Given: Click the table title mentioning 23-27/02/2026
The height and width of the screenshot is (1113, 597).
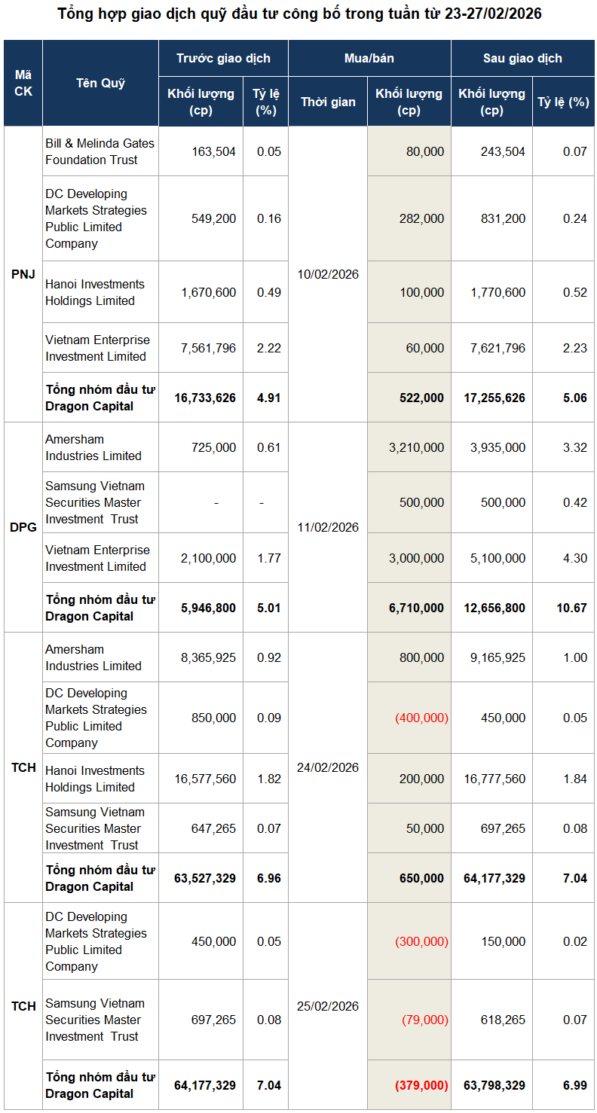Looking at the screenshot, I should pyautogui.click(x=299, y=14).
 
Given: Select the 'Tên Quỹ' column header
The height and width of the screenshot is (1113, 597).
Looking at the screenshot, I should pyautogui.click(x=100, y=84).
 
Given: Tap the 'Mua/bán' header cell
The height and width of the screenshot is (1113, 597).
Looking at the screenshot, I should pyautogui.click(x=369, y=58).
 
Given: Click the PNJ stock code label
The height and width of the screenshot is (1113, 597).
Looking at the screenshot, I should pyautogui.click(x=23, y=274).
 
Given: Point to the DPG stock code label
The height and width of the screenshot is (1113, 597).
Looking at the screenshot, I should pyautogui.click(x=23, y=527).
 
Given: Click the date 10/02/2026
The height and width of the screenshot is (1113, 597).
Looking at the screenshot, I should pyautogui.click(x=328, y=274).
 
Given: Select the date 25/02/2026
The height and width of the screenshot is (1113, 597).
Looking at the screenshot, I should pyautogui.click(x=328, y=1006).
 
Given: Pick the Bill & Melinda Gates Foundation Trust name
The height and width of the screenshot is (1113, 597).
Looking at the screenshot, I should pyautogui.click(x=99, y=151).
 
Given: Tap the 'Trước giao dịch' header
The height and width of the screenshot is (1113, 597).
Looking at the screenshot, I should pyautogui.click(x=223, y=58).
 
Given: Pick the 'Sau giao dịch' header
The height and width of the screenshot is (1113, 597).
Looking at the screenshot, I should pyautogui.click(x=522, y=58).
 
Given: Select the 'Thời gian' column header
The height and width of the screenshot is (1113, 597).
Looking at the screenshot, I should pyautogui.click(x=328, y=102).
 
